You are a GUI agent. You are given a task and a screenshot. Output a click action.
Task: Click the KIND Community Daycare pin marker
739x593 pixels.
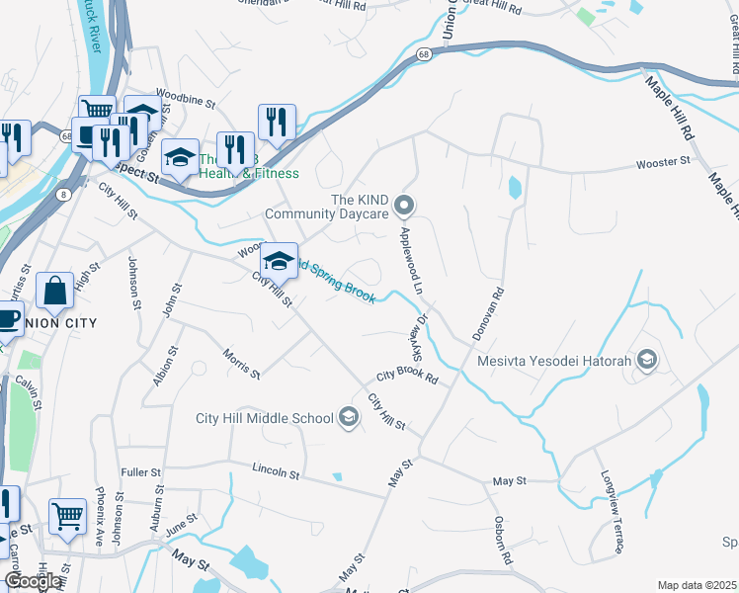[x=403, y=206]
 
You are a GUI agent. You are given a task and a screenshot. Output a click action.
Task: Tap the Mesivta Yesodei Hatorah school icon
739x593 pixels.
[x=647, y=360]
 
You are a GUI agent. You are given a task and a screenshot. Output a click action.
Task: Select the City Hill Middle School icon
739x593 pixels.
[x=348, y=418]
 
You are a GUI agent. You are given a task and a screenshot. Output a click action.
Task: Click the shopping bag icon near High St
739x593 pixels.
[x=54, y=291]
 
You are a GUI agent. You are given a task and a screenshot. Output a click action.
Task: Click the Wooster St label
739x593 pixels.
[x=663, y=161]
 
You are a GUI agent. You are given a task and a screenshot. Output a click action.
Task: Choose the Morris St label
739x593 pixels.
[x=241, y=364]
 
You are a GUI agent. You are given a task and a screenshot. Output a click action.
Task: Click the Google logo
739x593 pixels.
[x=33, y=582]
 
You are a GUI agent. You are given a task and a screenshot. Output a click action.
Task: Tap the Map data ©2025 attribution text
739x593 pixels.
[x=697, y=585]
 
